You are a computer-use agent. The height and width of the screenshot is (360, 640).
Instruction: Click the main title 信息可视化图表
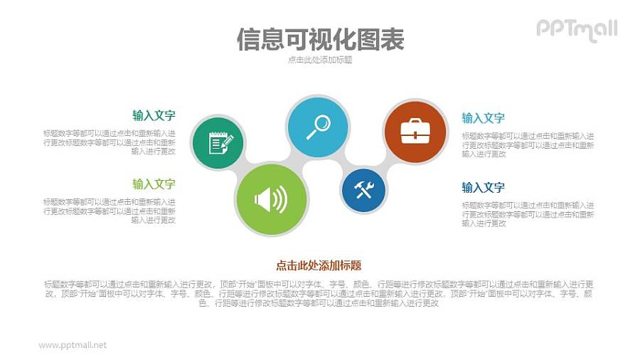319,39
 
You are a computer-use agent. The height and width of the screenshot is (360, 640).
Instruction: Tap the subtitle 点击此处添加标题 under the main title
320,60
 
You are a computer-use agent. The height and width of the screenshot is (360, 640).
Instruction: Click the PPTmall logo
576,30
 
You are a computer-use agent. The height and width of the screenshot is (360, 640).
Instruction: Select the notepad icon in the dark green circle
218,143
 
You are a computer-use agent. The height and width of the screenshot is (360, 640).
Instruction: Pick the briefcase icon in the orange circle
415,132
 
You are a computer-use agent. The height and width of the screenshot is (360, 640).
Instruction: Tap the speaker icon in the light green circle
271,199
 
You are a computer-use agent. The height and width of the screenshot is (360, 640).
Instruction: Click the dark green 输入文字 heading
154,116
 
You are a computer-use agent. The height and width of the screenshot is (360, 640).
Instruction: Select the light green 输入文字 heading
154,184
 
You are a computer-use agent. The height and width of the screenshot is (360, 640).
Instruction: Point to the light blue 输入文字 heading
483,118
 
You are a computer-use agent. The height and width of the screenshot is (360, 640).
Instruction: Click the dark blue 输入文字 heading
483,188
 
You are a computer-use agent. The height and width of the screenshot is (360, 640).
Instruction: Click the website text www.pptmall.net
73,345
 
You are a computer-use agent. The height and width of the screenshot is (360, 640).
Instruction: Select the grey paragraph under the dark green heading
110,142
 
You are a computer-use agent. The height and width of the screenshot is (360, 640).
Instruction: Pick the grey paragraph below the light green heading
110,211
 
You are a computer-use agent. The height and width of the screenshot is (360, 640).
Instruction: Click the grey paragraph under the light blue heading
528,144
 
